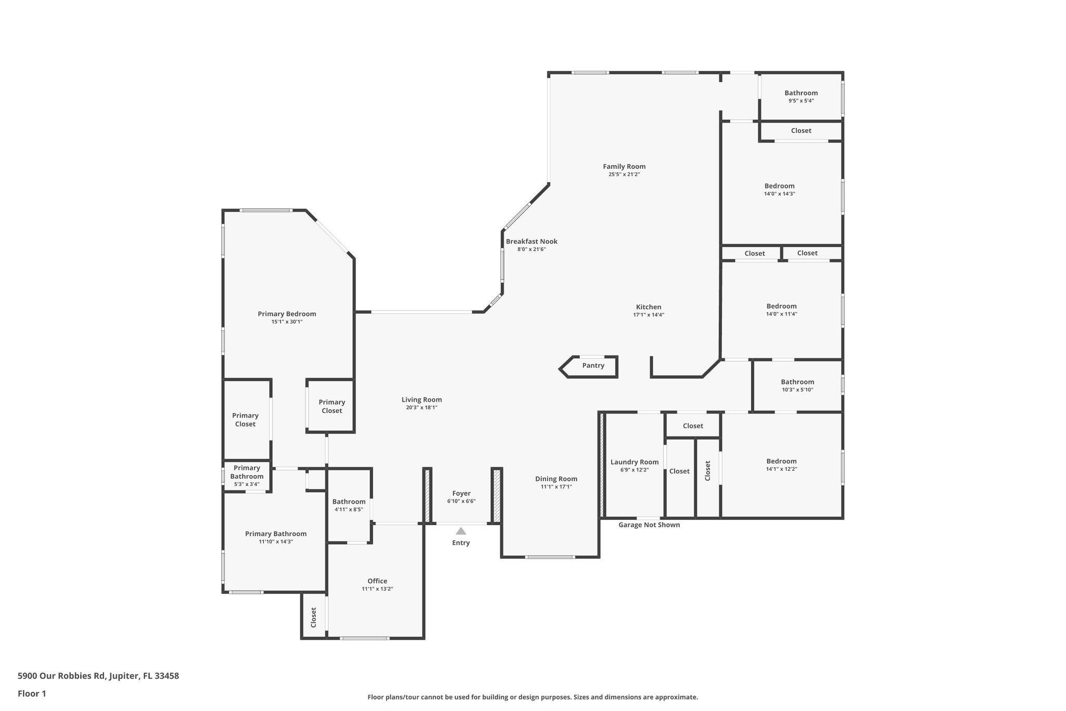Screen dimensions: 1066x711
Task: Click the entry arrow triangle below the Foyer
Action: click(x=461, y=531)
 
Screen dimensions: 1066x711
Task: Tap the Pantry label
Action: click(x=593, y=366)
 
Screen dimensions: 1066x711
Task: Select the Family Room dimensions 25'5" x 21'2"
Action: click(x=624, y=174)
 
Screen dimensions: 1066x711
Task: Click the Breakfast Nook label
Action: click(x=531, y=241)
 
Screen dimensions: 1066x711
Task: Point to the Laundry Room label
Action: click(x=634, y=462)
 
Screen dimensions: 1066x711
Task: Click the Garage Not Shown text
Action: click(x=649, y=525)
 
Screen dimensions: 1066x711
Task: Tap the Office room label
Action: click(x=377, y=581)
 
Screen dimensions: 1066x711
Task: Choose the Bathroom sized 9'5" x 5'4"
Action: click(x=801, y=96)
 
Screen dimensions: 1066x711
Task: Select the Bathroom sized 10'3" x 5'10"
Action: click(x=797, y=385)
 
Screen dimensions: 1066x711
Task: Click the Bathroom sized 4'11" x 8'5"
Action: click(x=349, y=505)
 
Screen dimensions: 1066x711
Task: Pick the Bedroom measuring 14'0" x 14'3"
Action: click(x=779, y=189)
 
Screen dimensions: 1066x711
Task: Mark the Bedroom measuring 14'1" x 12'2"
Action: click(x=781, y=465)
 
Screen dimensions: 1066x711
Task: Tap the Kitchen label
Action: click(x=648, y=307)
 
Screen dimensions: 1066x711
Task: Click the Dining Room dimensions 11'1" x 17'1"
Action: click(x=556, y=487)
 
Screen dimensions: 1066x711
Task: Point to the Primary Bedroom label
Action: click(x=287, y=314)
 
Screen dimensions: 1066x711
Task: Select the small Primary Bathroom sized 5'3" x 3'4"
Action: click(x=247, y=476)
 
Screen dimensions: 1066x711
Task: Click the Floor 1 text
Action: click(x=32, y=693)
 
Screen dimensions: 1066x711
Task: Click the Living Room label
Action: click(x=421, y=400)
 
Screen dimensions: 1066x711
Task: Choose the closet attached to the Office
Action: click(x=313, y=617)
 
